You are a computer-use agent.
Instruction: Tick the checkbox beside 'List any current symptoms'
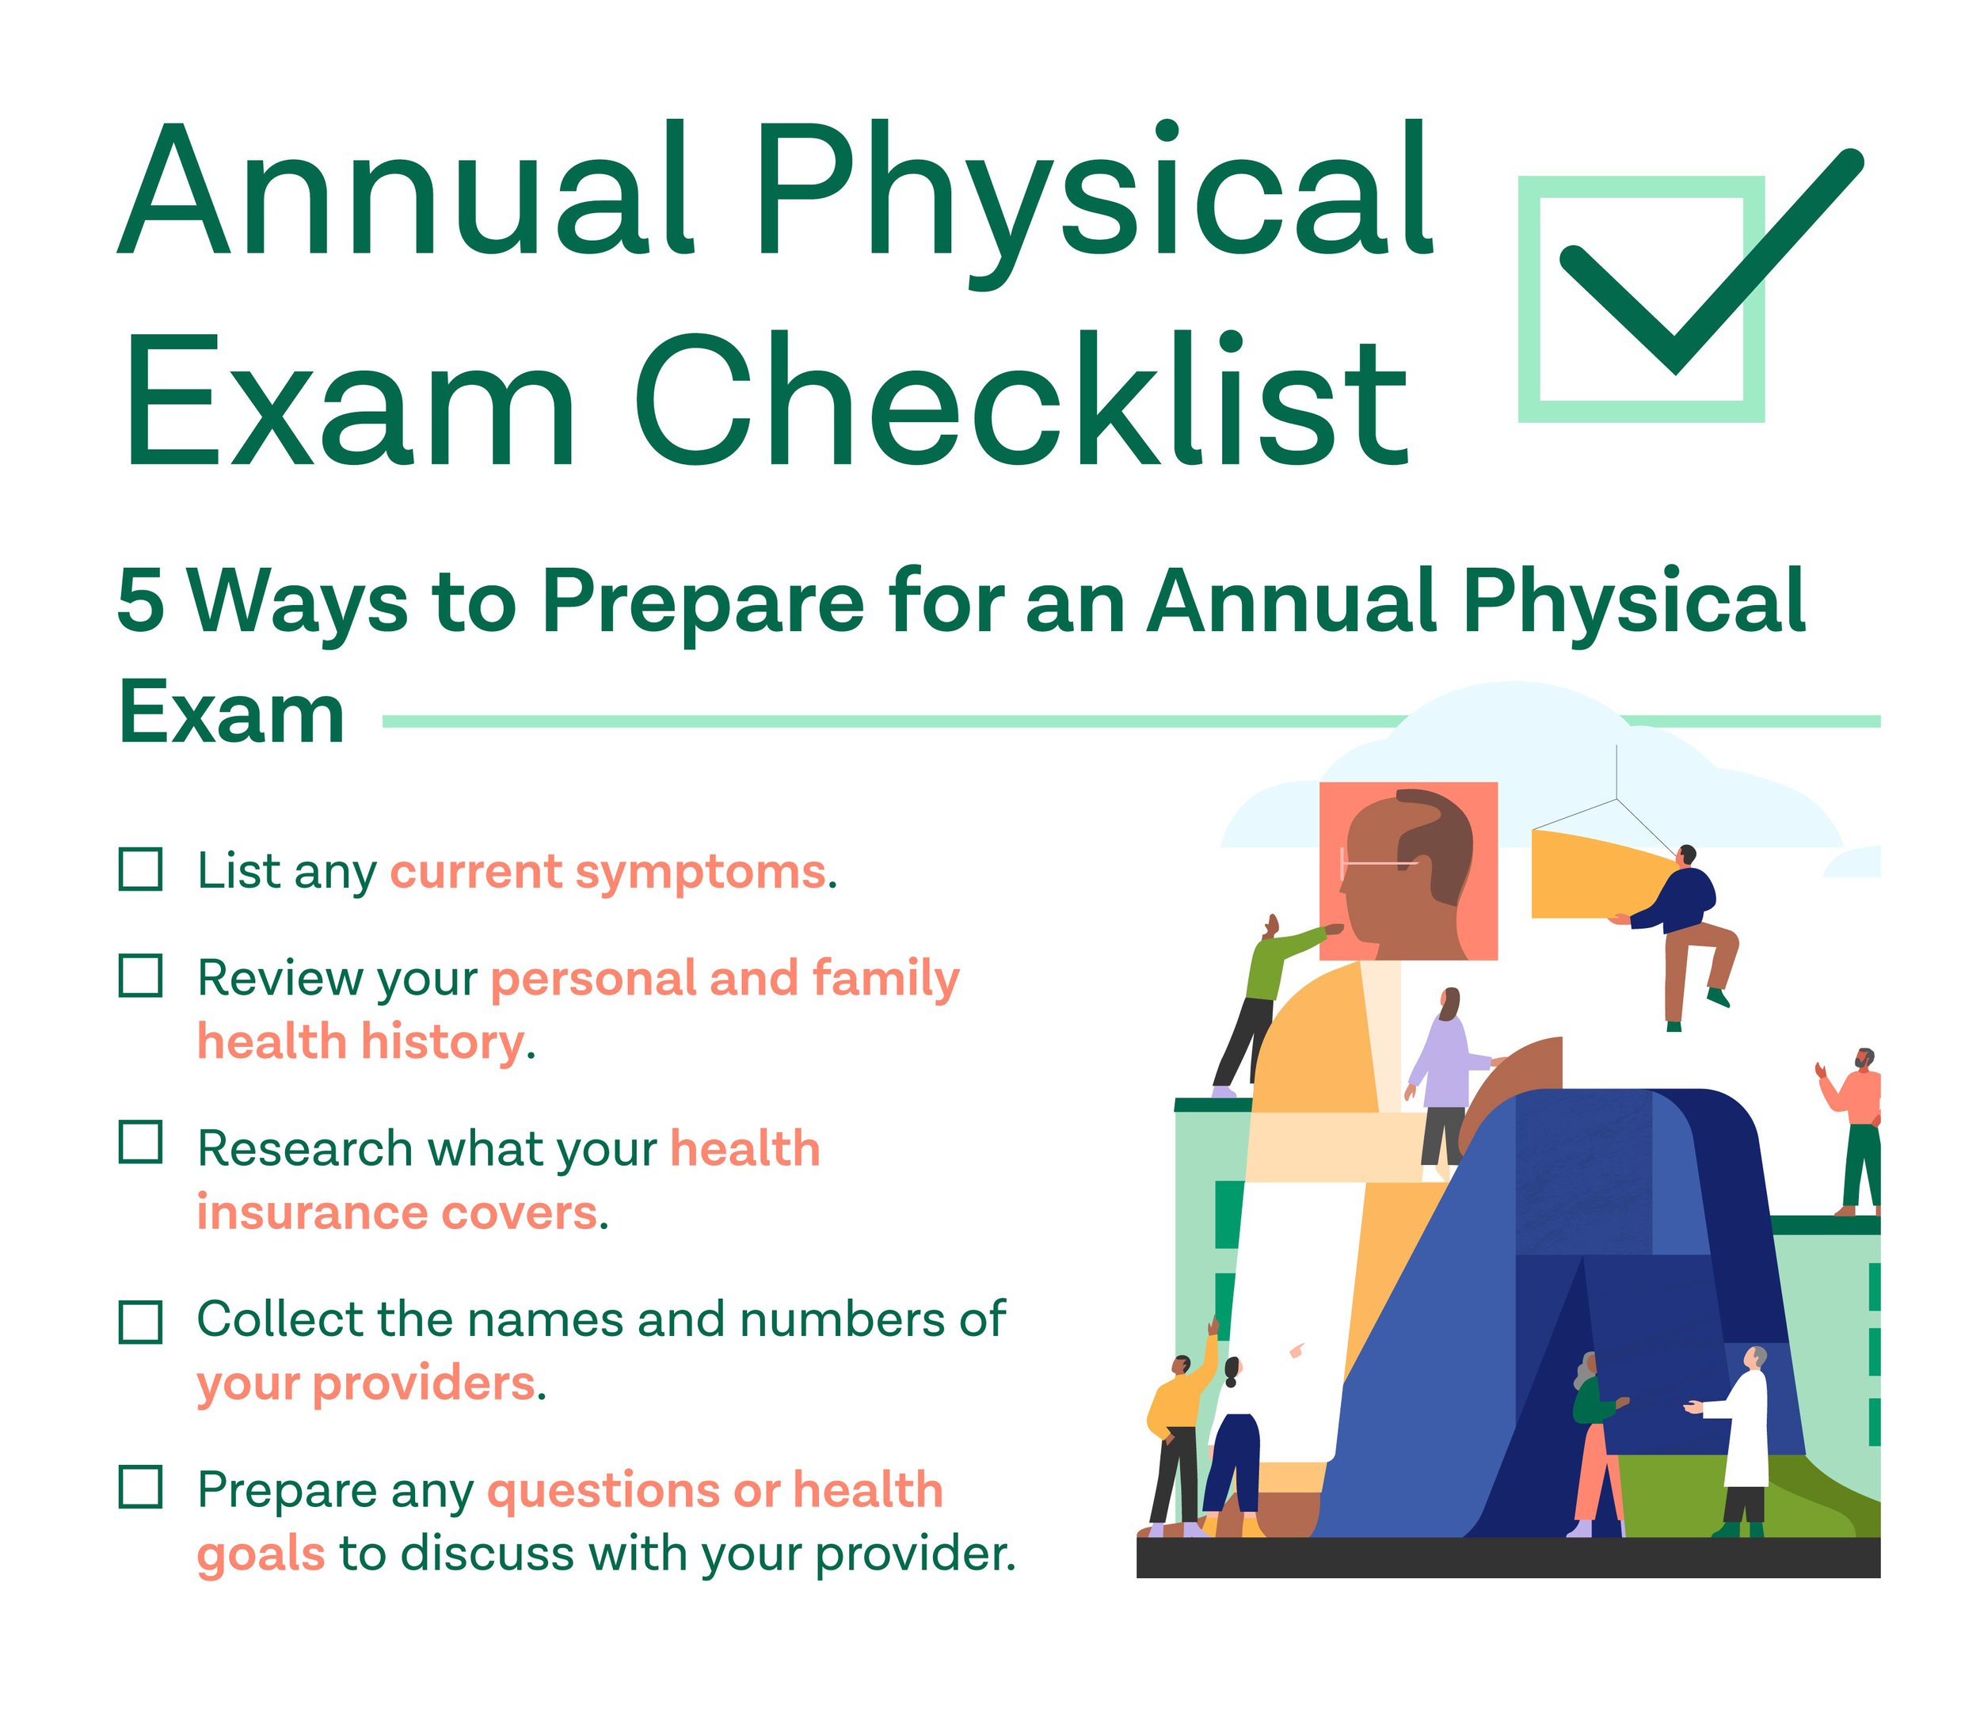coord(139,869)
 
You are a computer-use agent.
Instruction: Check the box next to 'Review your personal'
coord(139,975)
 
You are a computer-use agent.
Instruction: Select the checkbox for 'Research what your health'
coord(139,1142)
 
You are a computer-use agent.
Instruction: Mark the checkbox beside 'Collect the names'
coord(139,1321)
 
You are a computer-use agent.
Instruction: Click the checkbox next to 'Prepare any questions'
coord(139,1487)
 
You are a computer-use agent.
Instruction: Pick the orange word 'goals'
coord(261,1554)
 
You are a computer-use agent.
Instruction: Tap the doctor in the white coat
coord(1742,1433)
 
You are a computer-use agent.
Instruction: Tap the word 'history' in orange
coord(440,1042)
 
